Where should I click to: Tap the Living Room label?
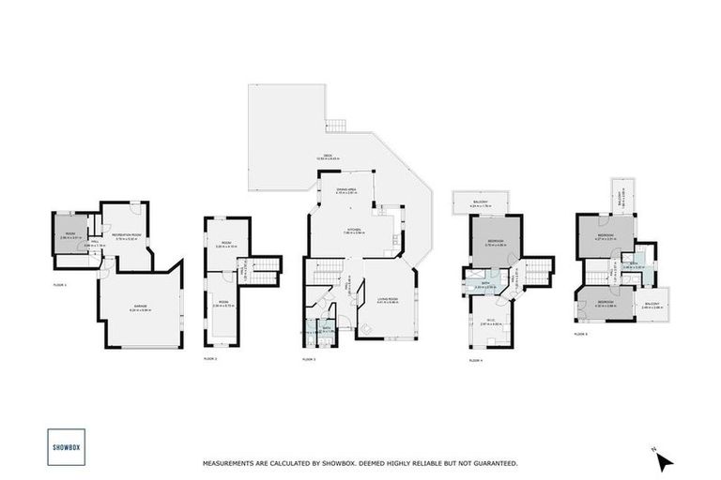click(386, 299)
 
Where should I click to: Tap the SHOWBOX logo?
click(65, 447)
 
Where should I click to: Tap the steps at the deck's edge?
click(335, 126)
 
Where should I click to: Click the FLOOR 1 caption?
click(60, 283)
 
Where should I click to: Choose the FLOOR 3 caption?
click(308, 359)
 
